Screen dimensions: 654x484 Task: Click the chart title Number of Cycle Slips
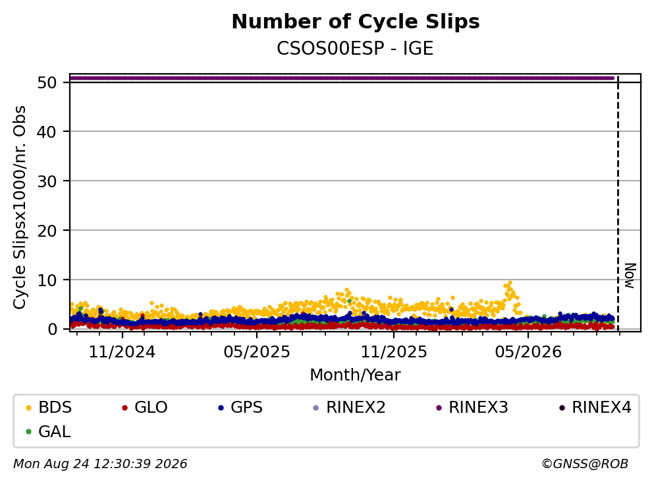pos(356,22)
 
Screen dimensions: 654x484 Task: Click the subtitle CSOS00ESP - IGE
pos(355,48)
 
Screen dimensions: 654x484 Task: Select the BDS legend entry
pos(49,407)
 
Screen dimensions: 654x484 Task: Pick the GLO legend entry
pos(145,407)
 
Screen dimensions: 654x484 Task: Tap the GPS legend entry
pos(240,407)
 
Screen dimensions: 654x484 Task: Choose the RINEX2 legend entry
pos(349,407)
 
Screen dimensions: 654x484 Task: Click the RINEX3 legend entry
pos(472,407)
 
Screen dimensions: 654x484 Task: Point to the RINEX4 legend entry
pos(595,407)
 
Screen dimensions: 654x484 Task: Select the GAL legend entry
pos(48,431)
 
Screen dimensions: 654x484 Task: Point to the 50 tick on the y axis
pos(47,82)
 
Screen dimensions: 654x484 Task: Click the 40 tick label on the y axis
pos(47,132)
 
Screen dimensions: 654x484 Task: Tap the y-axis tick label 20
pos(47,231)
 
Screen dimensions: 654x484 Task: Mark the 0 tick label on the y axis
pos(52,329)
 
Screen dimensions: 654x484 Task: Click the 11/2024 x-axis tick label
pos(122,352)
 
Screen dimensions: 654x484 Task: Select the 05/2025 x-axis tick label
pos(256,352)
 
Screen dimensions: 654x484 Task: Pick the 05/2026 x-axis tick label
pos(528,352)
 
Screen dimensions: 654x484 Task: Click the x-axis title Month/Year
pos(355,375)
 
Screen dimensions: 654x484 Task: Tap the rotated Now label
pos(630,276)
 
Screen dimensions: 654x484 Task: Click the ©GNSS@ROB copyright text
pos(585,464)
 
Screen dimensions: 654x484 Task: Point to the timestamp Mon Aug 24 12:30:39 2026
pos(100,464)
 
